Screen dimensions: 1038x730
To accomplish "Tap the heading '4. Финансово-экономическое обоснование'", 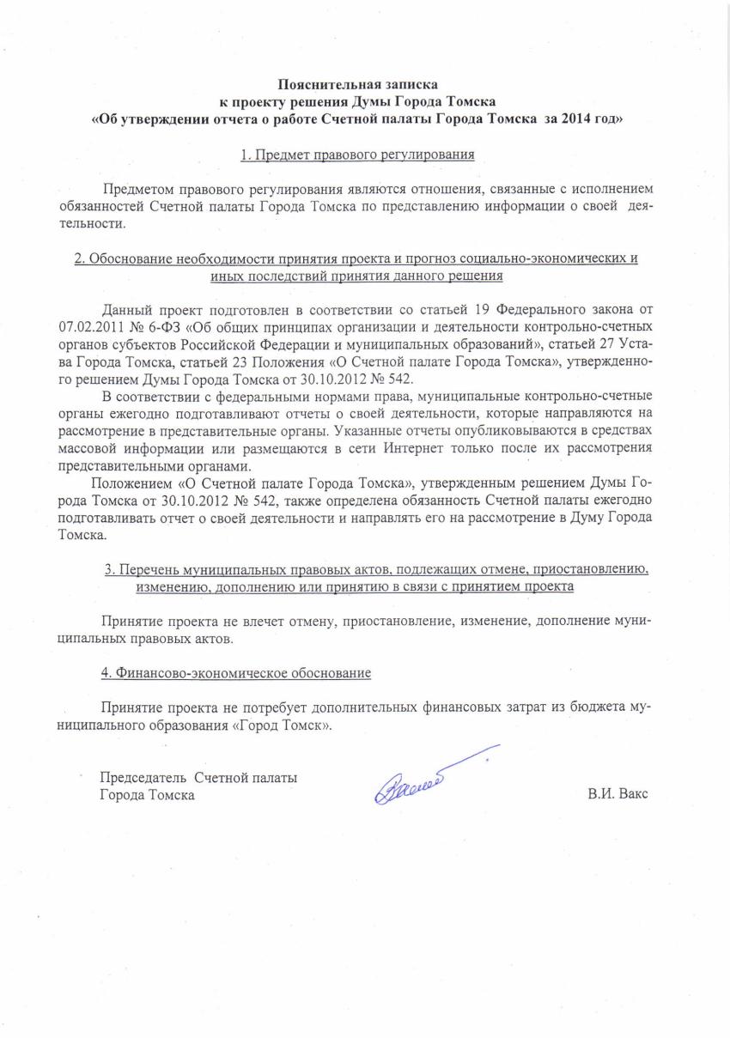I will coord(236,672).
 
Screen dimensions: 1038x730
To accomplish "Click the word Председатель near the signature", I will coord(143,778).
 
